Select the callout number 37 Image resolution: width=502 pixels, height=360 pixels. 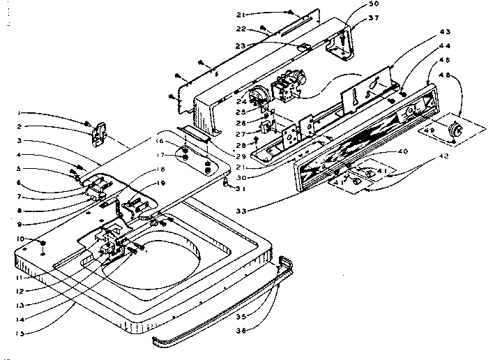(x=374, y=18)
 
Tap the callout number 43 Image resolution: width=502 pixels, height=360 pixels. (x=444, y=33)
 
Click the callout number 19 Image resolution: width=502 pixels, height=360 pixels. (x=160, y=182)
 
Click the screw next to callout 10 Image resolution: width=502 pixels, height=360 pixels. (x=43, y=243)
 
